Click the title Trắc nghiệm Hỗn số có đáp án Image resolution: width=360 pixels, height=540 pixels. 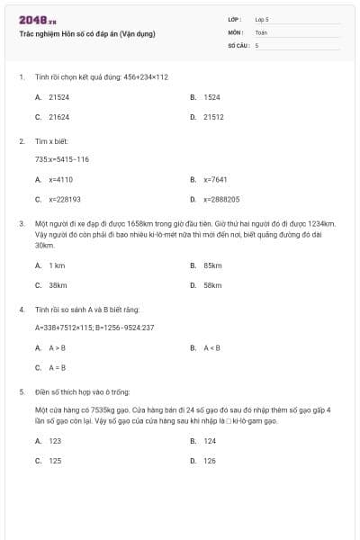coord(87,33)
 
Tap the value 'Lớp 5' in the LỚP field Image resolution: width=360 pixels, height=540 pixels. coord(262,18)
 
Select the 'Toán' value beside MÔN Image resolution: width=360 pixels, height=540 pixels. coord(261,31)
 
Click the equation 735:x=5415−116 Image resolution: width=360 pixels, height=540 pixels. coord(62,159)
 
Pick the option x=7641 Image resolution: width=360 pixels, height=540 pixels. coord(215,179)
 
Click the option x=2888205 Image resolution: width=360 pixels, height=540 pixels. coord(220,199)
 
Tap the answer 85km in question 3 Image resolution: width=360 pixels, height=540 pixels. coord(212,265)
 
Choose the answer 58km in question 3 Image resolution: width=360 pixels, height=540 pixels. coord(212,285)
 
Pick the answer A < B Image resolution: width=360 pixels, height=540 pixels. coord(211,347)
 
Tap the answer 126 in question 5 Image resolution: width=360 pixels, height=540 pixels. coord(210,461)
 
